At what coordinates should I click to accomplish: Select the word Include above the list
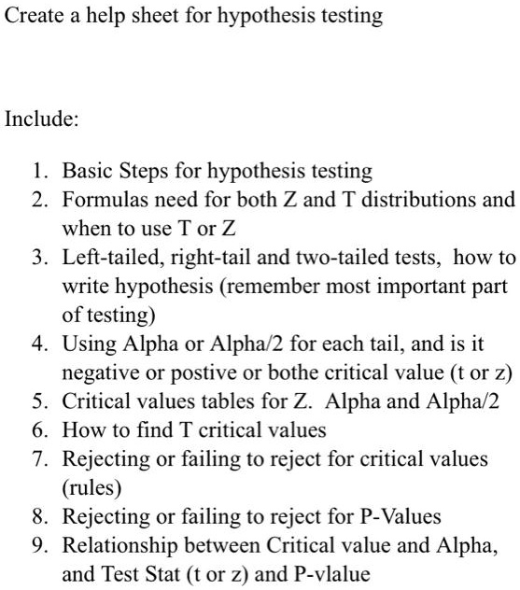(42, 119)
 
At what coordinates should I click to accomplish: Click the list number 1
(38, 172)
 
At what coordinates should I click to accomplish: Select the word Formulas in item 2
(101, 200)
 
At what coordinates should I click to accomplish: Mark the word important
(410, 287)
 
